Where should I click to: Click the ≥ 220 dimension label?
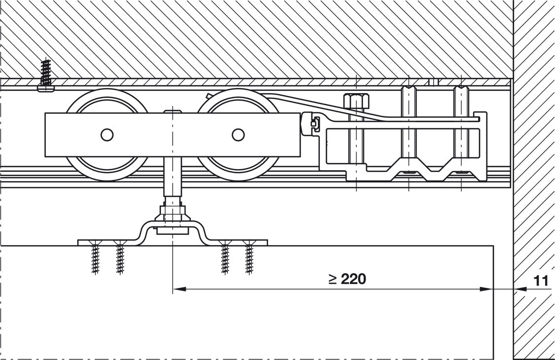(x=347, y=279)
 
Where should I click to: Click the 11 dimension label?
(x=541, y=281)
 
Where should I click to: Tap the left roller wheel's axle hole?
(x=107, y=135)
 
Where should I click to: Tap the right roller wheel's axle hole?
(x=238, y=135)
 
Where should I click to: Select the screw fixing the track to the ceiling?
(x=46, y=75)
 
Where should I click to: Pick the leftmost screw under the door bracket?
(x=95, y=257)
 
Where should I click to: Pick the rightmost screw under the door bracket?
(x=249, y=257)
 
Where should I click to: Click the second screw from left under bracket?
(x=120, y=257)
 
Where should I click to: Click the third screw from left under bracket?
(x=225, y=257)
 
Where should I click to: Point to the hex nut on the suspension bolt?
(x=173, y=212)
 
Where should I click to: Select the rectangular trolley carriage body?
(x=173, y=135)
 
